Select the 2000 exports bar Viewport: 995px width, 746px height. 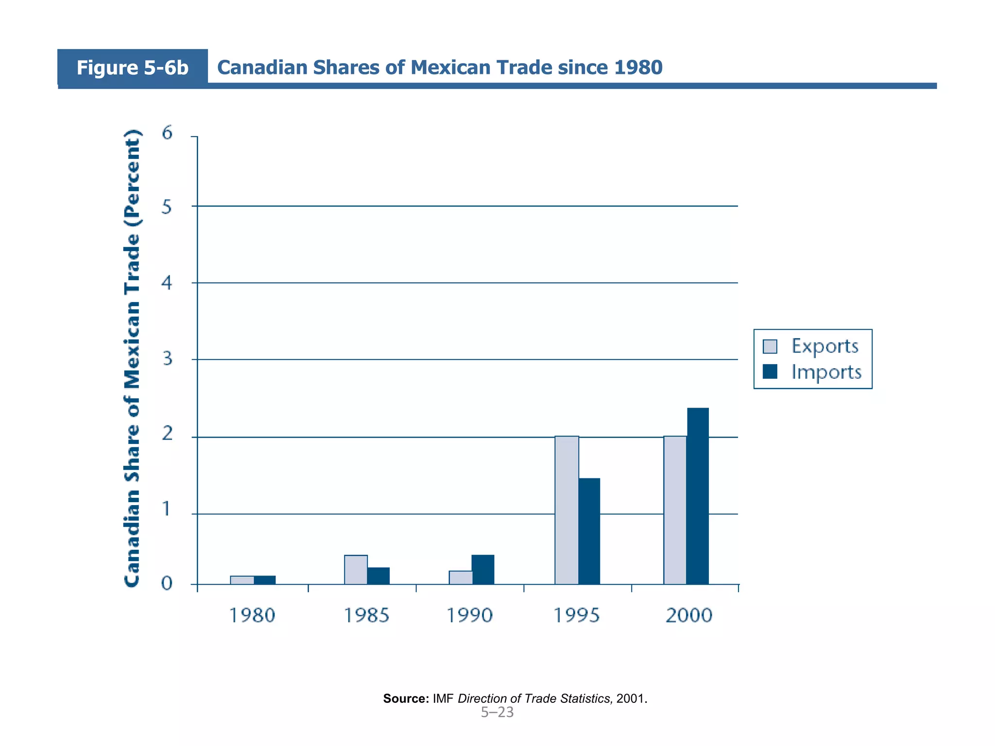[675, 510]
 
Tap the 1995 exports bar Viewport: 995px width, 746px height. [566, 510]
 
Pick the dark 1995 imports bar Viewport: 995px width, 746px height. [589, 531]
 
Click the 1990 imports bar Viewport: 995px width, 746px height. [483, 569]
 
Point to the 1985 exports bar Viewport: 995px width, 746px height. [356, 569]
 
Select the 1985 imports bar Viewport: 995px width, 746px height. [378, 576]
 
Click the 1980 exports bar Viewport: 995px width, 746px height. [242, 580]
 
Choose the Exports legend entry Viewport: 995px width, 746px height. [824, 346]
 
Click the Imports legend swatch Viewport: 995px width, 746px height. [770, 372]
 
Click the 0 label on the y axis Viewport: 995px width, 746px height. [167, 583]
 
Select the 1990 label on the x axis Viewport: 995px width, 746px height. [469, 615]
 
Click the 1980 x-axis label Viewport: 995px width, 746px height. [252, 615]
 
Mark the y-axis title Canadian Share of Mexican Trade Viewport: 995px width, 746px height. [132, 358]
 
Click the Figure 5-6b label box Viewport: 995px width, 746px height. [132, 68]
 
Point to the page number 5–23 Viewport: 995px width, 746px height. [497, 712]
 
